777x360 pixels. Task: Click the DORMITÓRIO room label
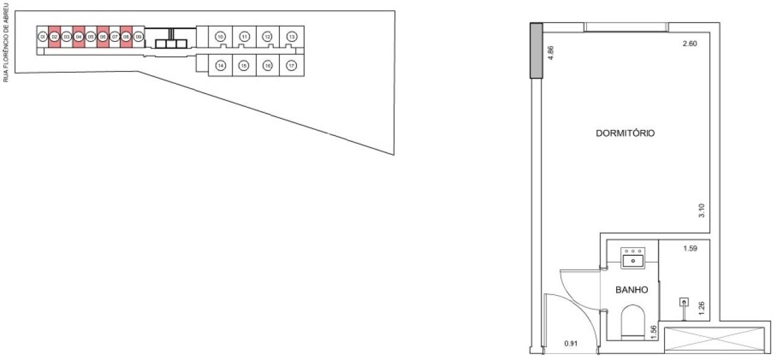point(625,134)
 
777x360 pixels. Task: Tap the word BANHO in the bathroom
point(632,290)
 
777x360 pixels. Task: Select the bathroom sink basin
point(633,260)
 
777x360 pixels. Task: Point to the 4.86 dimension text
point(551,51)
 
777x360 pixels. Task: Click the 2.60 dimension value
point(690,44)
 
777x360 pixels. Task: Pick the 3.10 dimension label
point(701,210)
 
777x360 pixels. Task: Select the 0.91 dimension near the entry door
point(571,344)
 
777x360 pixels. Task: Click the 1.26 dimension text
point(701,307)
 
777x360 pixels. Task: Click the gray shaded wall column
point(536,50)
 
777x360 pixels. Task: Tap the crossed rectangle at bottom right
point(714,339)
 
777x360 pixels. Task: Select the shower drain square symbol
point(684,301)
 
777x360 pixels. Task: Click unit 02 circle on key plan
point(54,37)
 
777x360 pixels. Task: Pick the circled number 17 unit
point(291,65)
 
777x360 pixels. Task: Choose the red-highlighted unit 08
point(126,37)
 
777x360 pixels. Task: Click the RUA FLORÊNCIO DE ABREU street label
point(6,41)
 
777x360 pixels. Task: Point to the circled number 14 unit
point(221,65)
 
